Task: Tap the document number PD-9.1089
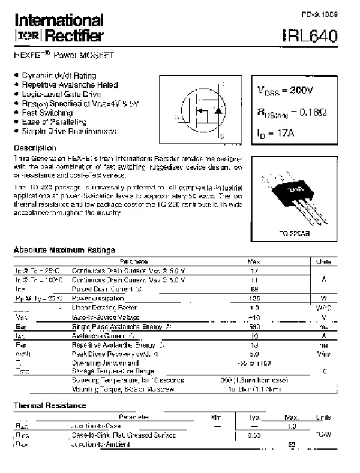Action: pos(322,13)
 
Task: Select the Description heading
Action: pos(35,147)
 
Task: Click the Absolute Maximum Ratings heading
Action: pos(64,249)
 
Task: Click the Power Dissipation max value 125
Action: pos(253,298)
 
